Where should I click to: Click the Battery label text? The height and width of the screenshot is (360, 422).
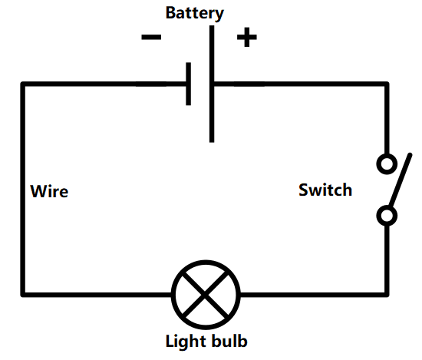pyautogui.click(x=195, y=13)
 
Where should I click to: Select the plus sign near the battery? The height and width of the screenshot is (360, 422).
pyautogui.click(x=246, y=37)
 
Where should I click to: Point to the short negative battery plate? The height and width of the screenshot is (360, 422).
pyautogui.click(x=188, y=84)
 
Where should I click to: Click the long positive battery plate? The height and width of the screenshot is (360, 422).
pyautogui.click(x=211, y=84)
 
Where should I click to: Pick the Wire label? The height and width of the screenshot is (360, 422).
pyautogui.click(x=49, y=191)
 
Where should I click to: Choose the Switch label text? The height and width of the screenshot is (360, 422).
pyautogui.click(x=325, y=190)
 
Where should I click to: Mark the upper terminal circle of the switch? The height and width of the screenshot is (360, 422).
pyautogui.click(x=387, y=163)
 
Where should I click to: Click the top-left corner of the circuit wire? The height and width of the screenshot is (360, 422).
pyautogui.click(x=23, y=84)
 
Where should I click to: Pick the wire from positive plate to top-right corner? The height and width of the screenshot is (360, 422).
pyautogui.click(x=299, y=84)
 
